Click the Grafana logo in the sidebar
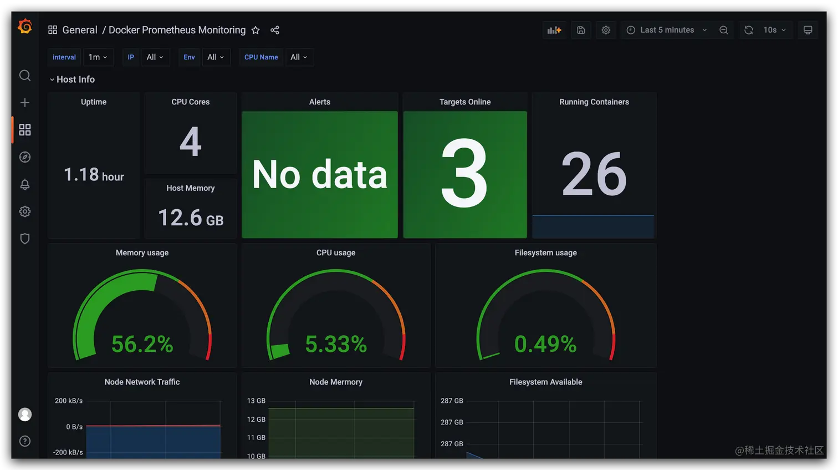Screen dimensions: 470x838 coord(25,27)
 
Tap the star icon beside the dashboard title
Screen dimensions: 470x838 coord(256,30)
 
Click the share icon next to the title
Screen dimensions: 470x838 coord(275,30)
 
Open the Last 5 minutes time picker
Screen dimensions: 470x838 coord(667,30)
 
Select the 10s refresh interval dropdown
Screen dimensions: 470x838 coord(774,30)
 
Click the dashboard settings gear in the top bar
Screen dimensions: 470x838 coord(606,30)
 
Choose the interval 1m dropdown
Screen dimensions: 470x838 coord(98,57)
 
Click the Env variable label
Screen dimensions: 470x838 coord(189,57)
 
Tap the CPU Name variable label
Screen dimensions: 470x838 coord(261,57)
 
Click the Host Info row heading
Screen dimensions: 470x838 coord(75,79)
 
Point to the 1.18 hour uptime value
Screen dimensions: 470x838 coord(94,175)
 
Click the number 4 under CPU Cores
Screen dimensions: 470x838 coord(190,141)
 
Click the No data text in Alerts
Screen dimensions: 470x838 coord(320,175)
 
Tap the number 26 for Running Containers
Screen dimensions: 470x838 coord(594,174)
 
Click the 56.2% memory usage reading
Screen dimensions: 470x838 coord(142,344)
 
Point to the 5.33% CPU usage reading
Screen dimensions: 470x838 coord(336,344)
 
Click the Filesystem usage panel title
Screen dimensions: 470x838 coord(545,252)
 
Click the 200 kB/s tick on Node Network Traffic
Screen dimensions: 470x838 coord(69,401)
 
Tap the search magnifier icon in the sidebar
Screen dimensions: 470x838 coord(25,75)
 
